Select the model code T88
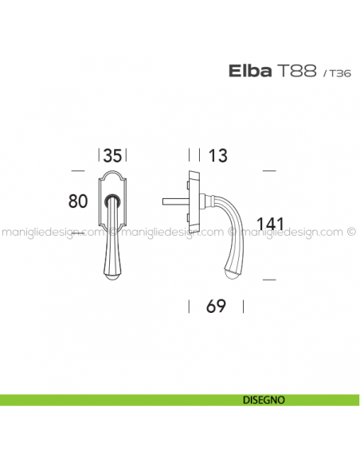[x=297, y=73]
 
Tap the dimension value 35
[x=112, y=154]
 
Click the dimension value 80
[x=77, y=201]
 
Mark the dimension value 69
[x=215, y=307]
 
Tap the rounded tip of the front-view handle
[x=113, y=277]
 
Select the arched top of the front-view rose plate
[x=112, y=174]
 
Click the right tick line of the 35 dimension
[x=127, y=154]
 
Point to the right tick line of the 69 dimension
[x=243, y=307]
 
